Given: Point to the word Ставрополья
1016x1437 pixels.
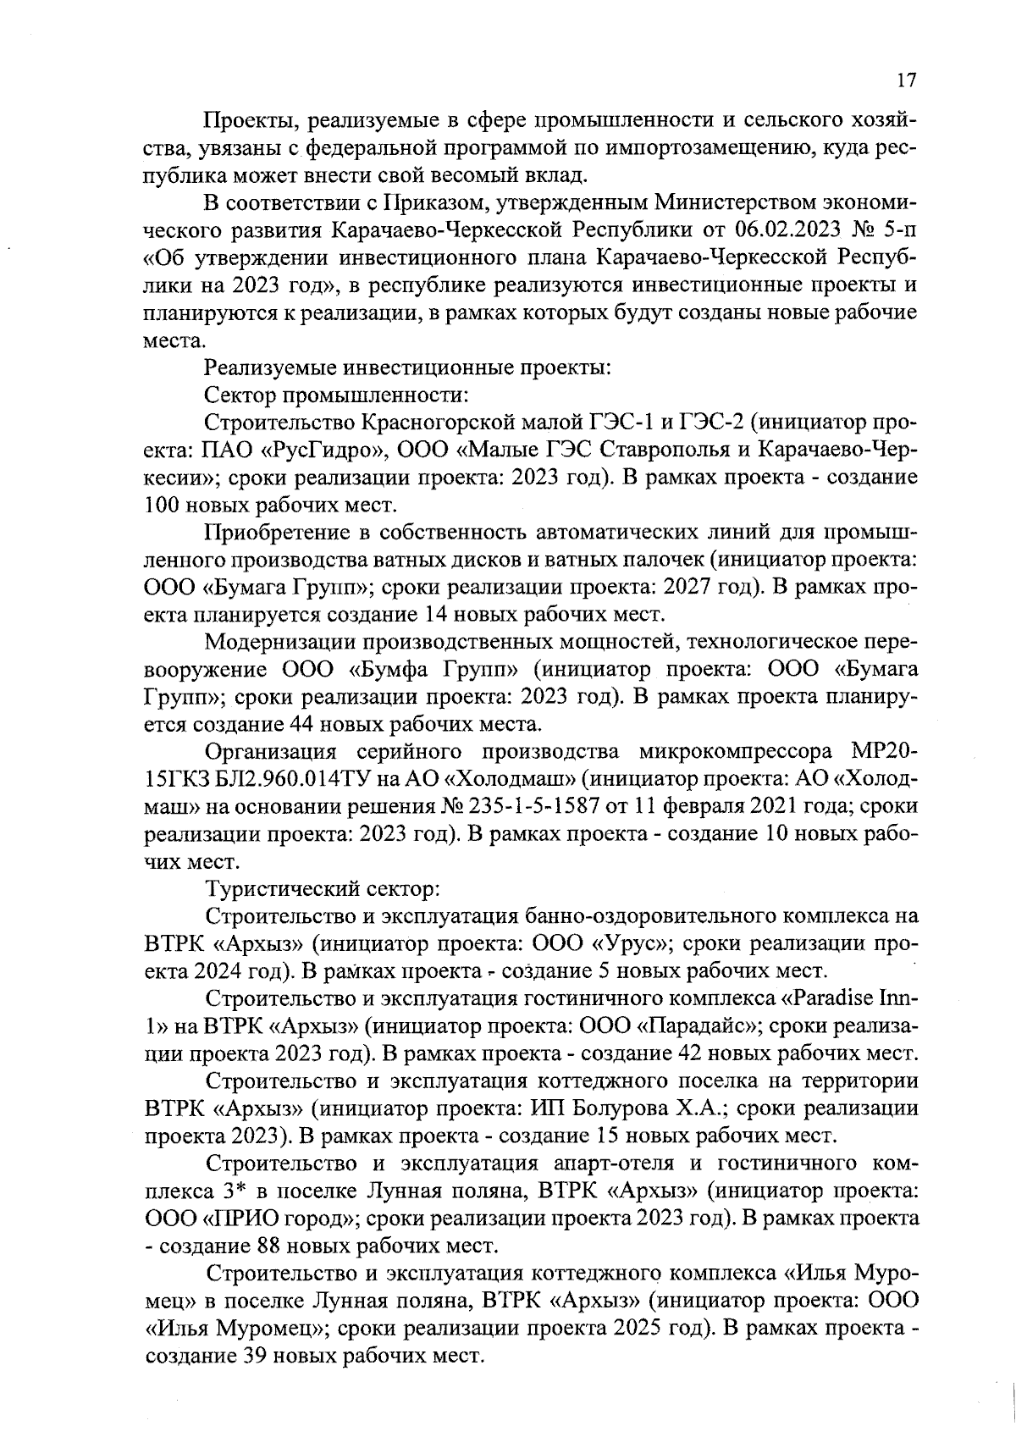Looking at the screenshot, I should click(x=679, y=449).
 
